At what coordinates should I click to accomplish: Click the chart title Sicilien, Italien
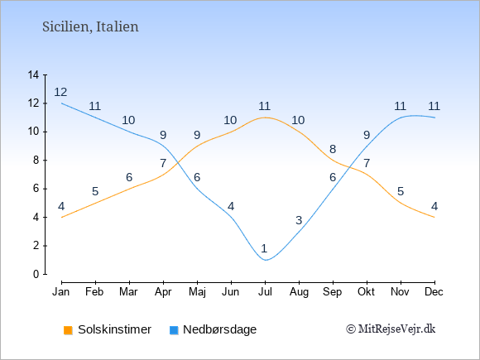[90, 27]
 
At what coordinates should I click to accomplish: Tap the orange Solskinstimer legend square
[68, 330]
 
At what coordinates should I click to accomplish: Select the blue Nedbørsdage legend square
[174, 330]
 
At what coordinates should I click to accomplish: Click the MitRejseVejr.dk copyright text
[391, 329]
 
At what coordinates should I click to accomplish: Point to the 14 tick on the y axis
[33, 74]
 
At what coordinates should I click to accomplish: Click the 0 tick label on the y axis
[36, 274]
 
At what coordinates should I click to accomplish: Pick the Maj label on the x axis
[197, 292]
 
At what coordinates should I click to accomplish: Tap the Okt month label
[367, 292]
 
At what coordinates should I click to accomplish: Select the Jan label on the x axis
[61, 292]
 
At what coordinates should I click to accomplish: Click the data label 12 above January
[60, 92]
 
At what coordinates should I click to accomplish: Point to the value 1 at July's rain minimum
[264, 248]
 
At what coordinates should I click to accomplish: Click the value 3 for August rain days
[299, 220]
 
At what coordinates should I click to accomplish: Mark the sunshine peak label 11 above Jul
[264, 106]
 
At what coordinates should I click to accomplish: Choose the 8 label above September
[333, 149]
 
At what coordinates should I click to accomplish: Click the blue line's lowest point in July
[266, 260]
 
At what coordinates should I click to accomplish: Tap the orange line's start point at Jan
[62, 218]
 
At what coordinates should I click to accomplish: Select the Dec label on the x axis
[434, 292]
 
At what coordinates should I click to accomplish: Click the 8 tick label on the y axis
[36, 161]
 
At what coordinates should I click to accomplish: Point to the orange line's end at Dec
[434, 218]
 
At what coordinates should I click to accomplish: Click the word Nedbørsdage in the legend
[220, 329]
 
